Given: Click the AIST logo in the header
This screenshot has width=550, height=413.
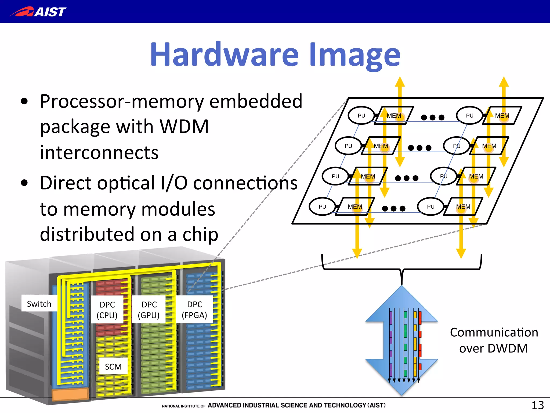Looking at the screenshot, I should pyautogui.click(x=38, y=12).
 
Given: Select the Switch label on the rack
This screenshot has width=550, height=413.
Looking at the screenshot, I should pyautogui.click(x=39, y=304).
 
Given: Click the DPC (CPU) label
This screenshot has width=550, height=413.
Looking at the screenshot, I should pyautogui.click(x=107, y=309).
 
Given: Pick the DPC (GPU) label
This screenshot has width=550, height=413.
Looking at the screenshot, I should pyautogui.click(x=149, y=309).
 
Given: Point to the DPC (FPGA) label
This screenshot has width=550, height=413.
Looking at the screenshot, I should pyautogui.click(x=194, y=309).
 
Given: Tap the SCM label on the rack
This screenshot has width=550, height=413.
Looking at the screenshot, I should pyautogui.click(x=113, y=366).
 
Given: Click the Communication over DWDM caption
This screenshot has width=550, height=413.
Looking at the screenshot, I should pyautogui.click(x=494, y=340).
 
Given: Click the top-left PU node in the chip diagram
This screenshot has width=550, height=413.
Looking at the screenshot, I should pyautogui.click(x=361, y=116).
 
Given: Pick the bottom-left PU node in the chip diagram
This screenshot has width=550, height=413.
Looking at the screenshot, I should pyautogui.click(x=322, y=206).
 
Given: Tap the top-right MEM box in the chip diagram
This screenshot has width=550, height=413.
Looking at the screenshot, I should pyautogui.click(x=502, y=116).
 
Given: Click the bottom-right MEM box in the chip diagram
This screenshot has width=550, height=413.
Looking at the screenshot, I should pyautogui.click(x=463, y=206).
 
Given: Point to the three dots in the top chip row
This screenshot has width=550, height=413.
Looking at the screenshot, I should pyautogui.click(x=432, y=118).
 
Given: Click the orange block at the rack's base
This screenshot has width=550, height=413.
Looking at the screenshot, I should pyautogui.click(x=70, y=394).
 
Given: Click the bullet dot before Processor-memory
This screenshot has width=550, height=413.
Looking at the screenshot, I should pyautogui.click(x=24, y=101).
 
